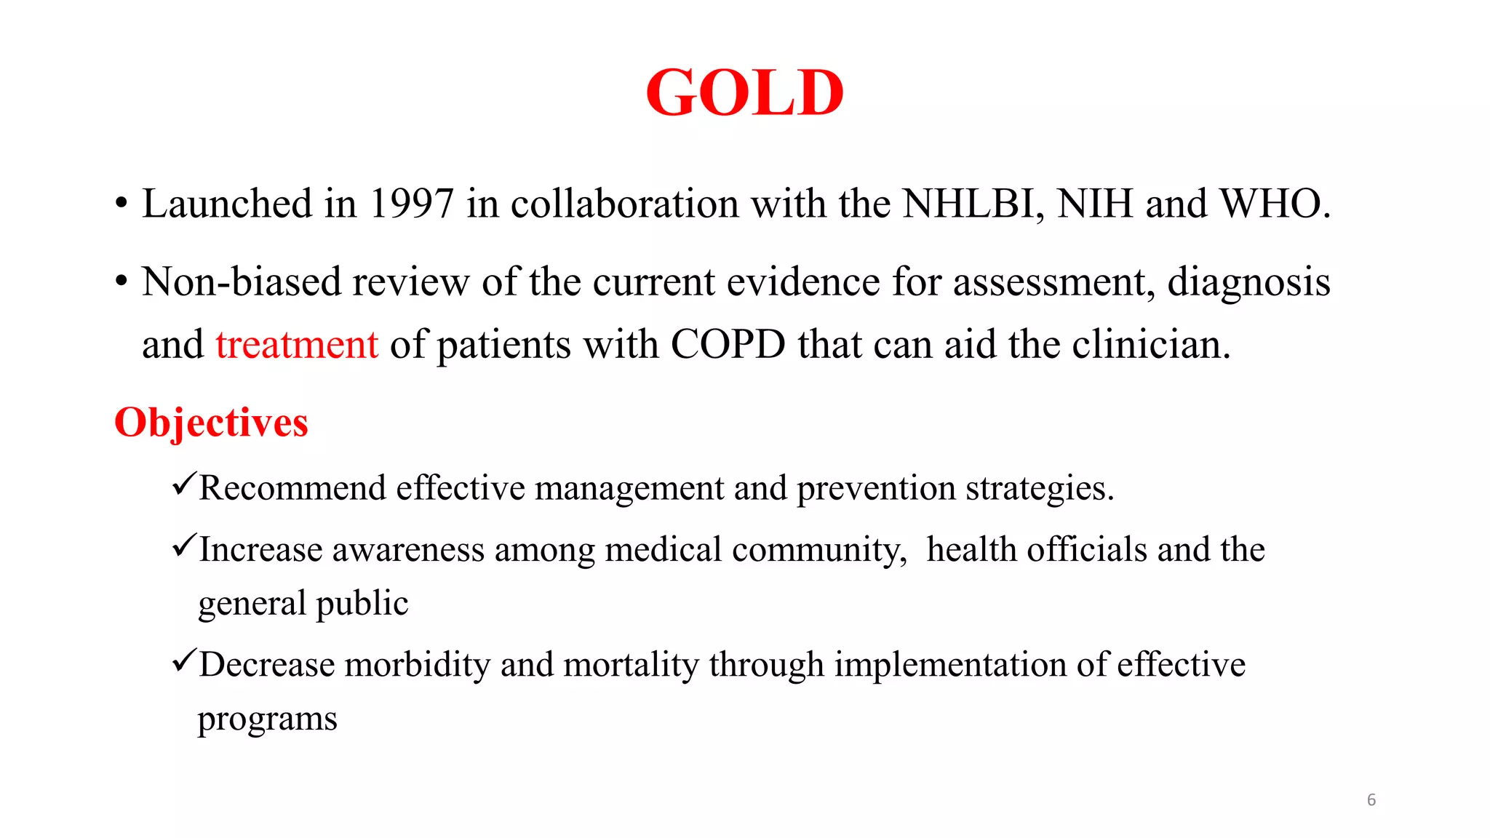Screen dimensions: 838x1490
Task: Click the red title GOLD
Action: pos(744,93)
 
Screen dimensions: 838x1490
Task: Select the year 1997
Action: pos(412,204)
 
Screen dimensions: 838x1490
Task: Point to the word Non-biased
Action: pos(241,282)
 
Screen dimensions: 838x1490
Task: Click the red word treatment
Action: pos(297,344)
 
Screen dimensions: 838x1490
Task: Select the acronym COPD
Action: pos(728,344)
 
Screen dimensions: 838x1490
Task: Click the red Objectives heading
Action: pos(211,423)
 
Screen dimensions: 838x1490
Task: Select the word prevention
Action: pos(876,489)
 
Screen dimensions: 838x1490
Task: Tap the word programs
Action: pos(267,719)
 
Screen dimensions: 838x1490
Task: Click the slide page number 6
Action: pos(1371,800)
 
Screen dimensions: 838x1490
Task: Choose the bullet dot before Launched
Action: pos(121,204)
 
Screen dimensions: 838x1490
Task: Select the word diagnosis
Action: pos(1248,282)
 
